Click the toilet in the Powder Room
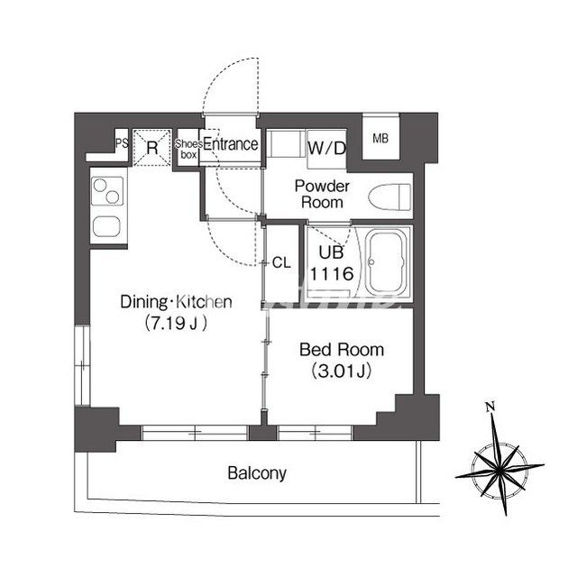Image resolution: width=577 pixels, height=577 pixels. (x=389, y=197)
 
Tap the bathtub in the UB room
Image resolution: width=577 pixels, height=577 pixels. (x=388, y=263)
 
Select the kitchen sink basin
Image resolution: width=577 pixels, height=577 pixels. (x=106, y=226)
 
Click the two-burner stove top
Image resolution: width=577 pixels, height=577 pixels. (x=107, y=191)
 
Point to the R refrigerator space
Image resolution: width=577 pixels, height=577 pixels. (x=152, y=148)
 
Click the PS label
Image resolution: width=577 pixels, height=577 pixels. (x=123, y=143)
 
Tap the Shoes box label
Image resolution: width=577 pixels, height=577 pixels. (x=188, y=149)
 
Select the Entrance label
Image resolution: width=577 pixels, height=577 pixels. (x=231, y=144)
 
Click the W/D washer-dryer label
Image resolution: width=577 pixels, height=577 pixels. (x=326, y=148)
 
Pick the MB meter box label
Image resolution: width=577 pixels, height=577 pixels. (x=380, y=138)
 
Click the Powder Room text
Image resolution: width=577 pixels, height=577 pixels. (x=322, y=195)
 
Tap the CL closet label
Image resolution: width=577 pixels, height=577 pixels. (x=281, y=262)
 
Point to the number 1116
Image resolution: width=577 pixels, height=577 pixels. (x=332, y=274)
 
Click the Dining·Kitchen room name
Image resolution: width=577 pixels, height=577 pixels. (x=177, y=302)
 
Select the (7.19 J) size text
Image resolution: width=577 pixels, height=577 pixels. (x=176, y=324)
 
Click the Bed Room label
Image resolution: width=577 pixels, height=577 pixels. (x=342, y=350)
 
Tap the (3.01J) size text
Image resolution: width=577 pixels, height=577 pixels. (x=341, y=371)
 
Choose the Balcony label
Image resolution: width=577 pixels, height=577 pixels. (x=257, y=473)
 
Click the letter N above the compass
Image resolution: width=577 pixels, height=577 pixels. (x=490, y=407)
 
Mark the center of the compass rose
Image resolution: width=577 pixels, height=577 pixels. (x=499, y=471)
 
